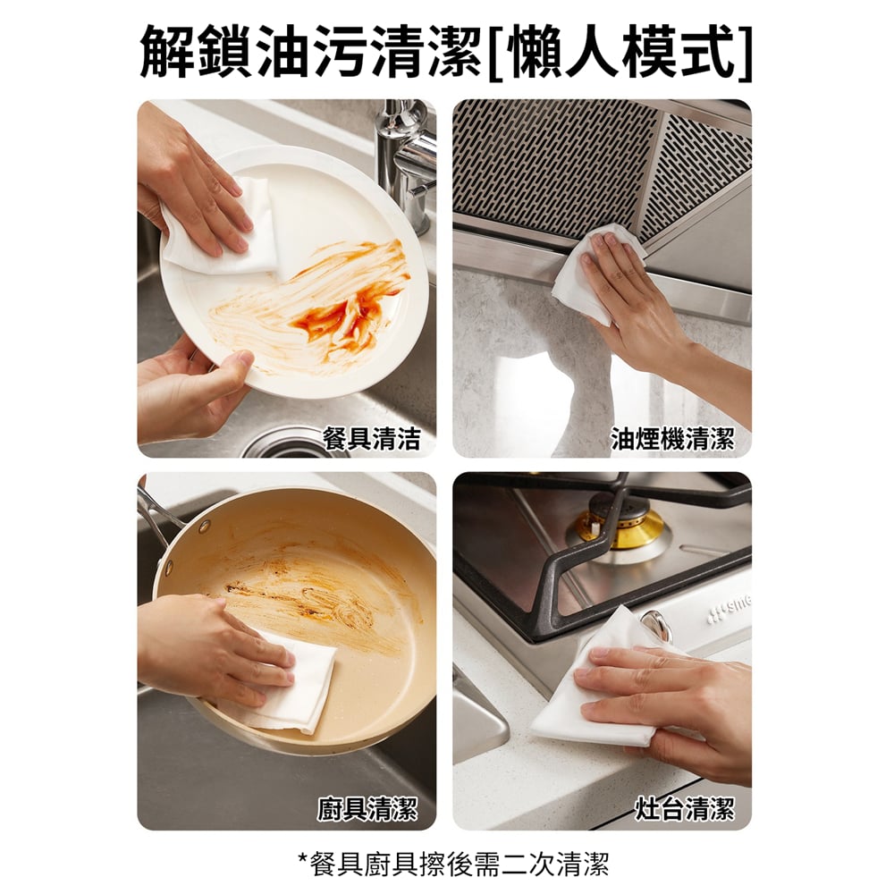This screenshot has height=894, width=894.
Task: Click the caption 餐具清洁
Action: tap(371, 438)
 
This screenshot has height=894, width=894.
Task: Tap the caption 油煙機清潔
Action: tap(673, 438)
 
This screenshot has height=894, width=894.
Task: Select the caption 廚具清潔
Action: tap(367, 808)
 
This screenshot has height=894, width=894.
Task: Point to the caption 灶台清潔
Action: tap(686, 808)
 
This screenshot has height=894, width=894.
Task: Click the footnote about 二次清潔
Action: tap(454, 864)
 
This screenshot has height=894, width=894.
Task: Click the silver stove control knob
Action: tap(656, 625)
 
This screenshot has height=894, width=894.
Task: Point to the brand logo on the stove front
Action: tap(730, 608)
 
